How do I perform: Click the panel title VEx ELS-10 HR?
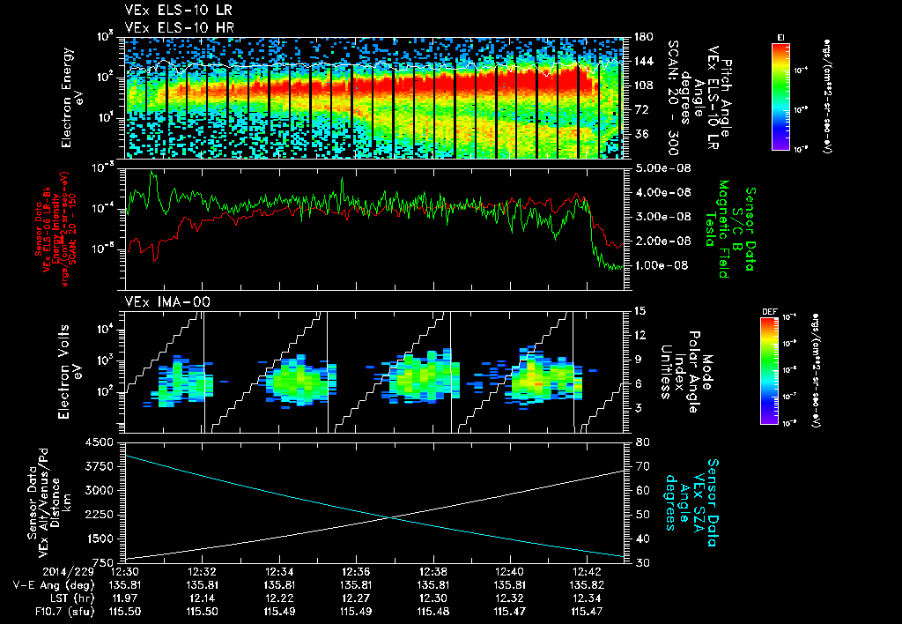(x=167, y=27)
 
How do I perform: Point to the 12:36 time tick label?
(x=356, y=571)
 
